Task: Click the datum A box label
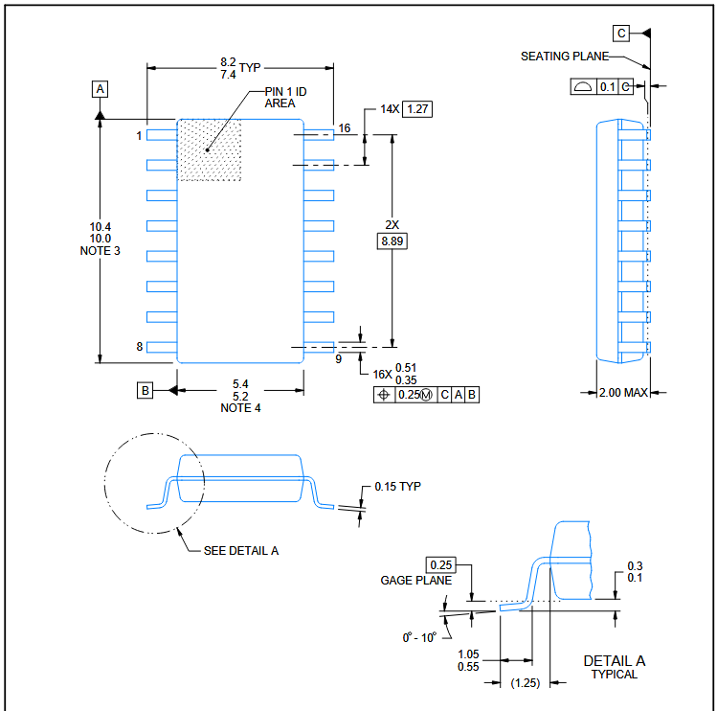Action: coord(101,89)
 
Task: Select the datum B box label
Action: coord(145,391)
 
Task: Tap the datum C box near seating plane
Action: coord(621,34)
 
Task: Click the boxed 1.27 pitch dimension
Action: coord(417,109)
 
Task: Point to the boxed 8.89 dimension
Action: coord(392,241)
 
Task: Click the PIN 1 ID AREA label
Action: coord(285,98)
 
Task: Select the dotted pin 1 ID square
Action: coord(210,150)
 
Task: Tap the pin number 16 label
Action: coord(345,128)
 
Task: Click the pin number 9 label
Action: coord(338,359)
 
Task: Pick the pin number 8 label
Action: coord(140,347)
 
